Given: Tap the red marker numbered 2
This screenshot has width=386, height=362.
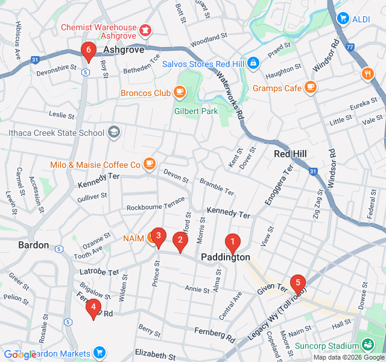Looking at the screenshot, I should pos(179,241).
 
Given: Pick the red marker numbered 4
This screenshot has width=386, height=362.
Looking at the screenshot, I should pos(93,308).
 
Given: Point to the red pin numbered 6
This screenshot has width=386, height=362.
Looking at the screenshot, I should pos(89,51).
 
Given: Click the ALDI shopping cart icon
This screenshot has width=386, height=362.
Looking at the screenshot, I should pos(344,18).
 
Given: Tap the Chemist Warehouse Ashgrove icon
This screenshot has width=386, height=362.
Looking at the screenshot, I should pos(145,29).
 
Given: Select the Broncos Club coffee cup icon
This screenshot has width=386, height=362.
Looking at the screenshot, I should pos(179,92).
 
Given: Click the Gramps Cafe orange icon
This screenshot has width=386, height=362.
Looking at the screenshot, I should pos(311,87).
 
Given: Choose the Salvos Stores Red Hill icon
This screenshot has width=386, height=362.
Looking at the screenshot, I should pos(253,62).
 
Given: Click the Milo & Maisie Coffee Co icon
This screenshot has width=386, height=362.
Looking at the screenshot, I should pos(150,164).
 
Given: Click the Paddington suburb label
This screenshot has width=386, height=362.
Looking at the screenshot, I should pos(225,257).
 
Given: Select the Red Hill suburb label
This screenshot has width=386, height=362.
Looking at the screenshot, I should pos(290,154).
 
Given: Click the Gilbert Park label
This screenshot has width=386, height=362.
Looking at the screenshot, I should pos(196,111).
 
